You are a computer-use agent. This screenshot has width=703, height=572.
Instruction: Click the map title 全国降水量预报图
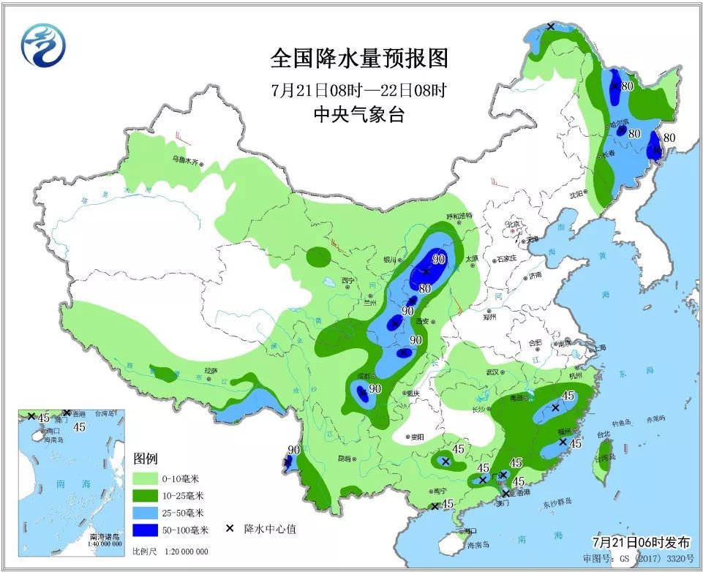(358, 58)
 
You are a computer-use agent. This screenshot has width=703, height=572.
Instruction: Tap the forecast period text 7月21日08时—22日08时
(358, 91)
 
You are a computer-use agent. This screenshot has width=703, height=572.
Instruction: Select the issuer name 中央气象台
(358, 115)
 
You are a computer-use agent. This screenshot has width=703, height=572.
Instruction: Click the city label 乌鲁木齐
(185, 159)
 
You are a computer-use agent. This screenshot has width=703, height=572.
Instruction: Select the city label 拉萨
(211, 371)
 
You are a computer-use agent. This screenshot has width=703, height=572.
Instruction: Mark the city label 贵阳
(416, 437)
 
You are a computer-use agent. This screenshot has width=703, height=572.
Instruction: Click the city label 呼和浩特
(459, 216)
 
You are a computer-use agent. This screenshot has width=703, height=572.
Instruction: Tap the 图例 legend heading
(146, 459)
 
